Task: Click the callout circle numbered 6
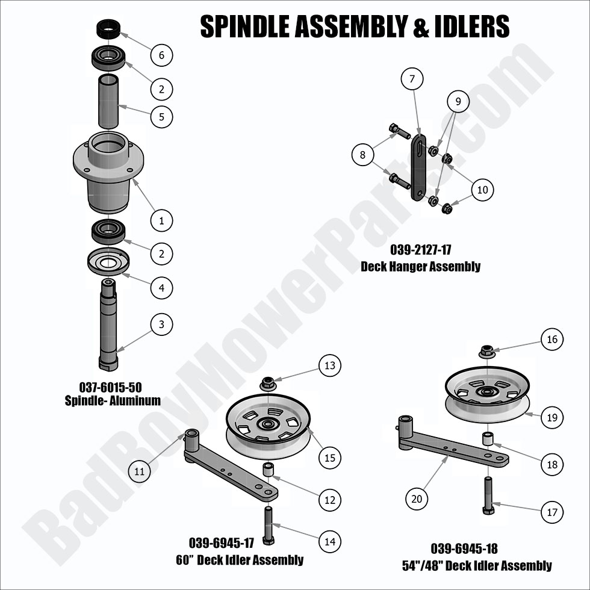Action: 161,55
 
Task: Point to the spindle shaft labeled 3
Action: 108,325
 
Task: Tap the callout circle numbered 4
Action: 161,288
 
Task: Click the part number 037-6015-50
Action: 110,387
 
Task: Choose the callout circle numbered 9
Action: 458,102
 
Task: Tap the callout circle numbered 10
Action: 482,190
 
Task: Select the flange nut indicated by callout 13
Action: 268,383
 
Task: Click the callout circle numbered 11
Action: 139,471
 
